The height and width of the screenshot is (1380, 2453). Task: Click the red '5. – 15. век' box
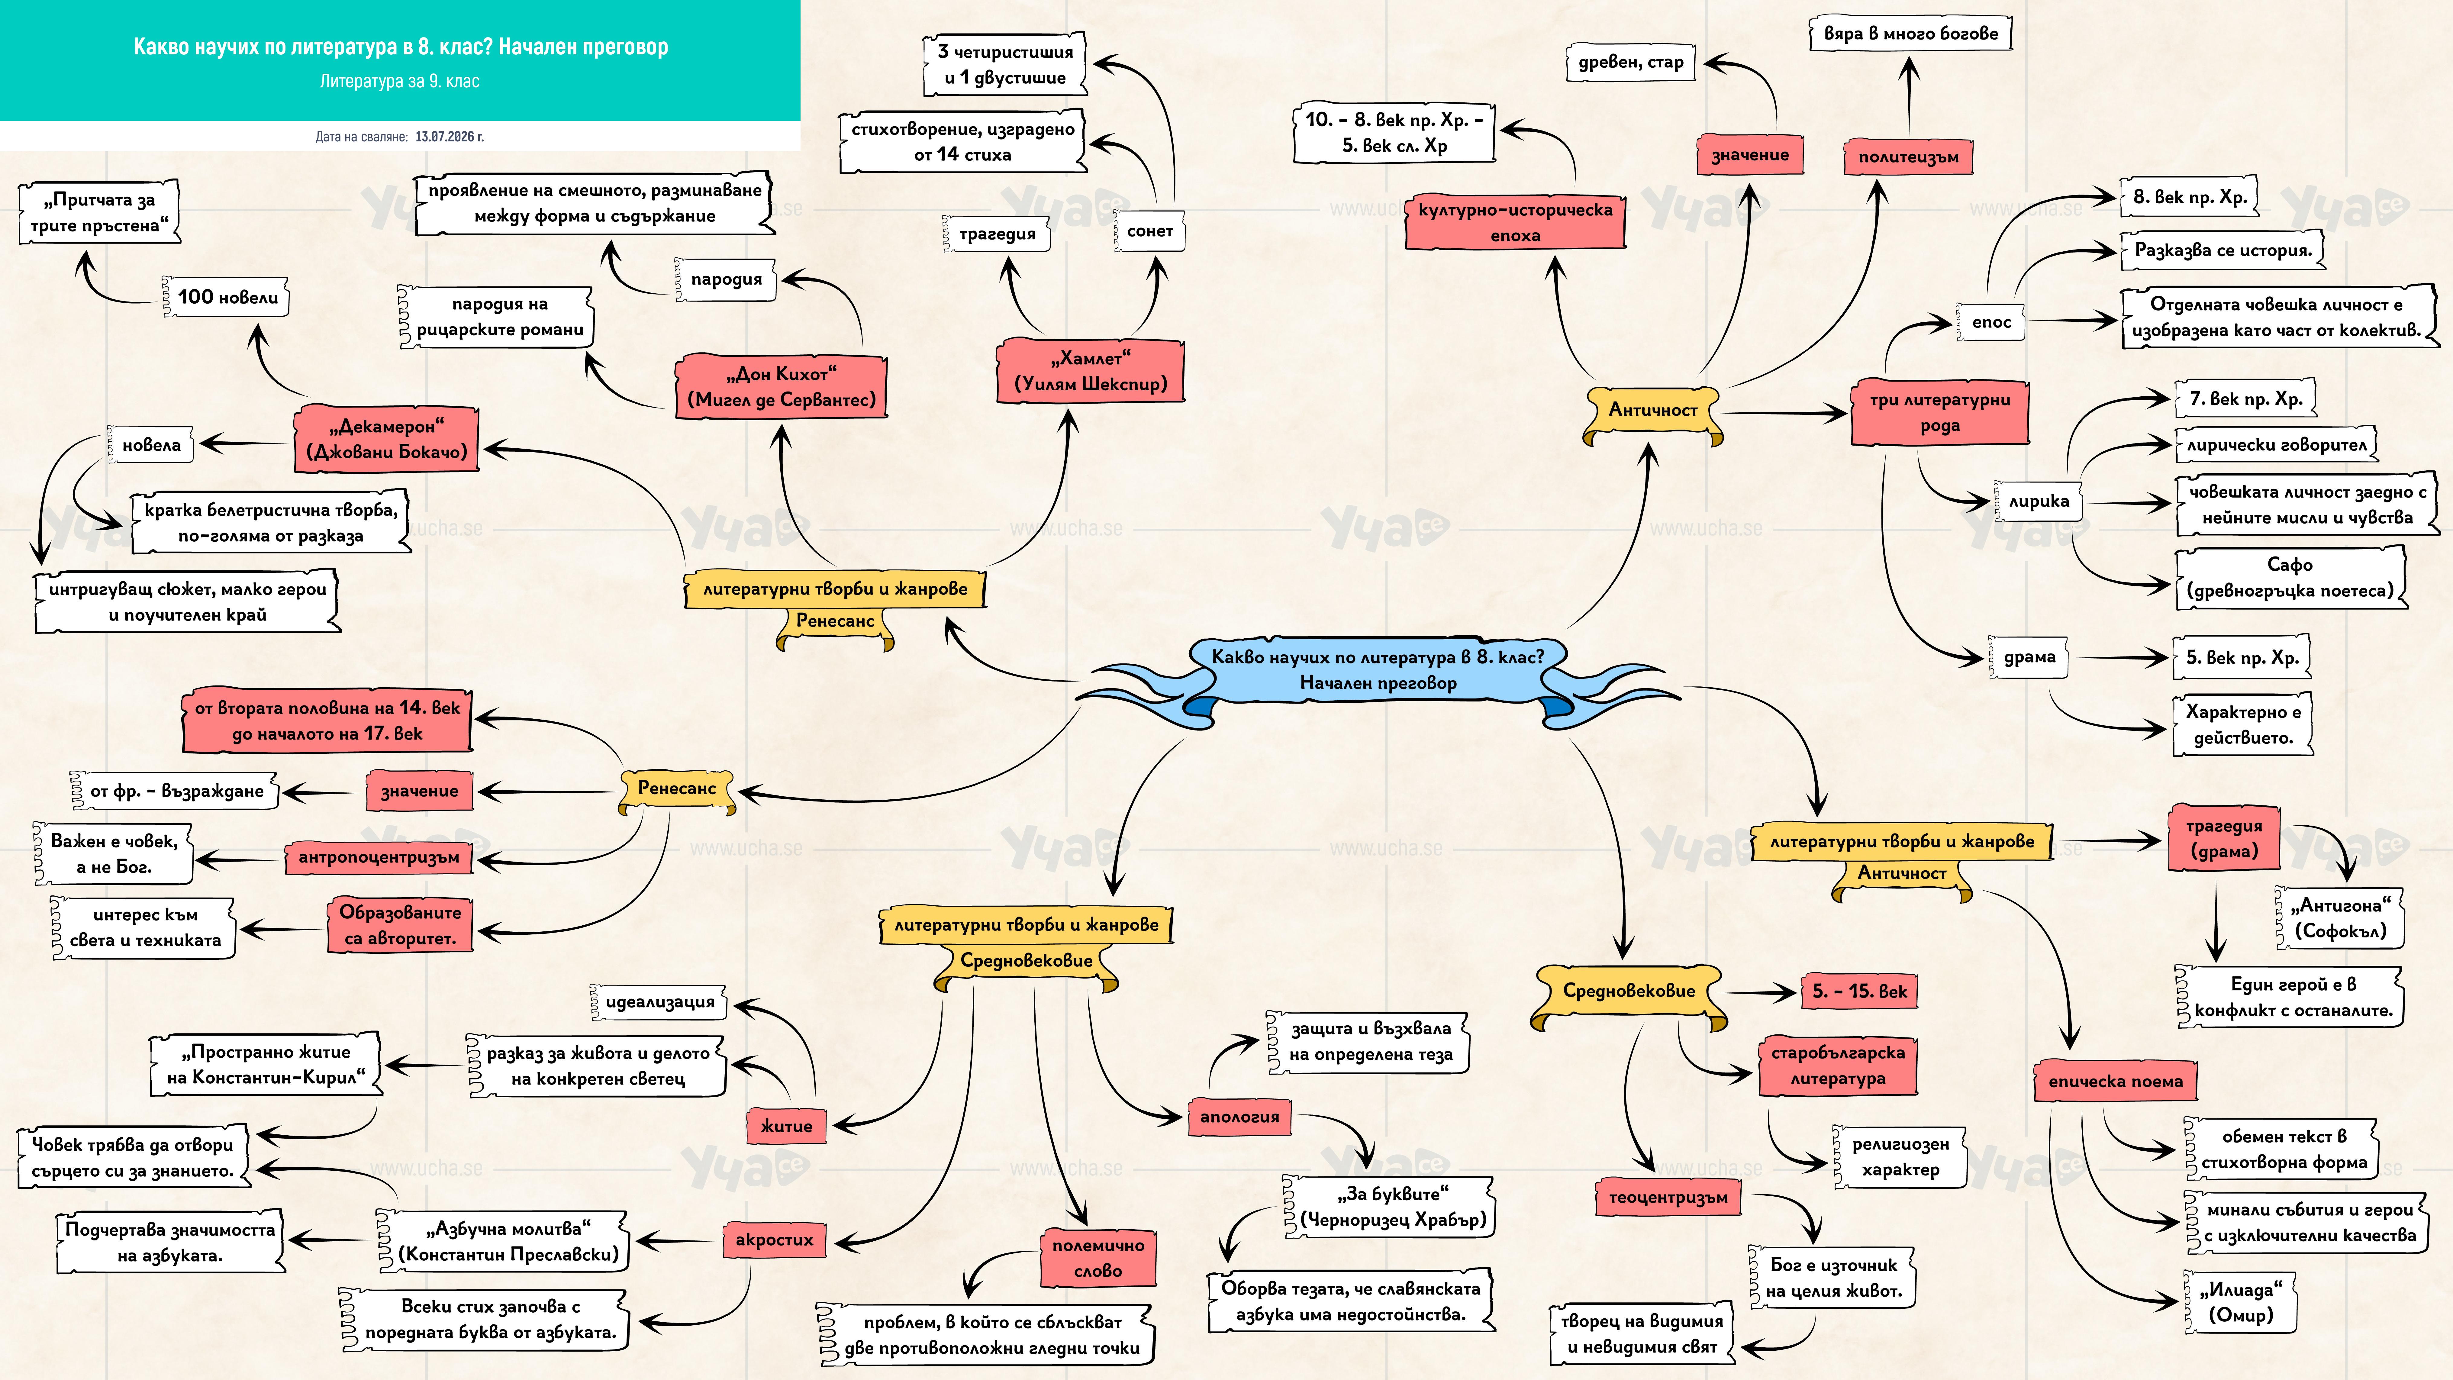1859,991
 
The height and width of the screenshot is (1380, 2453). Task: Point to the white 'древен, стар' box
1631,63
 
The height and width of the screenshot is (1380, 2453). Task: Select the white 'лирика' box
2039,501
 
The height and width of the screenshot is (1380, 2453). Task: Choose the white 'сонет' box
1149,231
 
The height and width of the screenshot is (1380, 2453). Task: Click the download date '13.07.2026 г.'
450,137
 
